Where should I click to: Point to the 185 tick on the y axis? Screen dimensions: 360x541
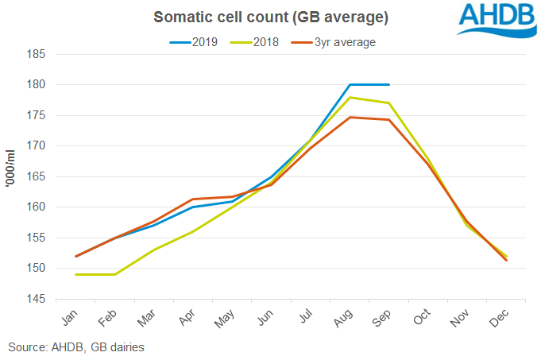(x=37, y=55)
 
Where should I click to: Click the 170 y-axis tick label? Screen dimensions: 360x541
(x=37, y=146)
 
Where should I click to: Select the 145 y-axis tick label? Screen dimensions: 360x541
(x=37, y=300)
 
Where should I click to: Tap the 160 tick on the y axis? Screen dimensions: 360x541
(x=37, y=207)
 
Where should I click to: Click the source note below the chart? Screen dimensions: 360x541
(x=77, y=347)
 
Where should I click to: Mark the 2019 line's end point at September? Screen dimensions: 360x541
(x=388, y=84)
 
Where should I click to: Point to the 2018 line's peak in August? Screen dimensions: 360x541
(x=350, y=98)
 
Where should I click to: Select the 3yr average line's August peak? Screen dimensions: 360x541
(x=350, y=118)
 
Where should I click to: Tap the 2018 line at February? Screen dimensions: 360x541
(x=115, y=275)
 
